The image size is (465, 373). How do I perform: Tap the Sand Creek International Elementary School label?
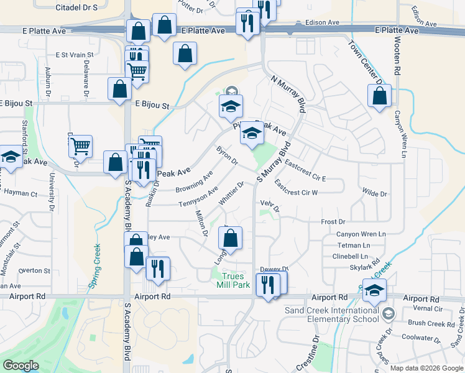pos(331,315)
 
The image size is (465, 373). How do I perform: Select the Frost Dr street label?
pos(333,222)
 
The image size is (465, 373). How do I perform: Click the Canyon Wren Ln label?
pos(361,234)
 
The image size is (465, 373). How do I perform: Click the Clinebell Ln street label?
pos(351,256)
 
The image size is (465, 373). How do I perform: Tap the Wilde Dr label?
pos(374,194)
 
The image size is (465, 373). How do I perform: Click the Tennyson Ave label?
pos(198,197)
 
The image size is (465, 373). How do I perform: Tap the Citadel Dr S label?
pos(77,7)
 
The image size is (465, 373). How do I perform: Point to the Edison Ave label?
pos(323,22)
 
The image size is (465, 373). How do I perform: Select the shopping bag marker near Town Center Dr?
pos(379,96)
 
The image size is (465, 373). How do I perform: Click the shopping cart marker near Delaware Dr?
pos(80,147)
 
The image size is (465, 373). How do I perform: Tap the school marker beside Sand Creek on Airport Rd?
pos(374,290)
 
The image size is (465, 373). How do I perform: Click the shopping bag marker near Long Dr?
pos(230,237)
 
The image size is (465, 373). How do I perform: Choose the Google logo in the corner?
pos(21,366)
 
